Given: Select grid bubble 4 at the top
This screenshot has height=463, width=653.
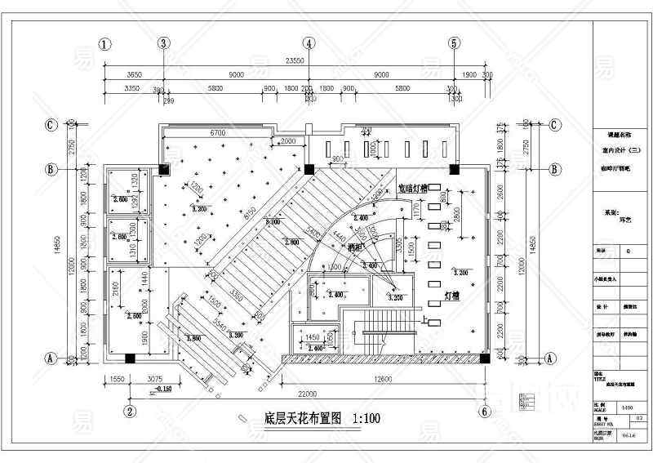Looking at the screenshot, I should click(309, 44).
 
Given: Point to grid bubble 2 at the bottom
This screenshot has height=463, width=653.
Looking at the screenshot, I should click(128, 411).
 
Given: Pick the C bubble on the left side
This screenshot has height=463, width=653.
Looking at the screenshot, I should click(51, 126).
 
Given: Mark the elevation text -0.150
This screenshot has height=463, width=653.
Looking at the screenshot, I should click(162, 390).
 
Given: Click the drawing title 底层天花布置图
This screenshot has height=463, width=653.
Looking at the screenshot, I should click(295, 419).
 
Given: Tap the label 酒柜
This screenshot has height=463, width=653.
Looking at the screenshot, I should click(355, 246).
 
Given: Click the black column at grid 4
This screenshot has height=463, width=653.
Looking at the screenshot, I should click(309, 169).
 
